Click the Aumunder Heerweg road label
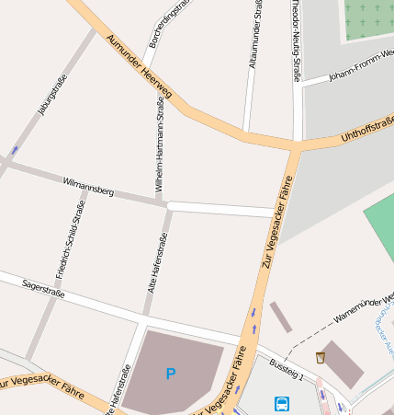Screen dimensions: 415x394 point(139,68)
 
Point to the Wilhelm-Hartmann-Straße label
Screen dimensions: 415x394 point(160,148)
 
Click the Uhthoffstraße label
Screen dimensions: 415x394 point(366,130)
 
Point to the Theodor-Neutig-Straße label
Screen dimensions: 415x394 point(296,40)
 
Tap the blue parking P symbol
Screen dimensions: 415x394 point(170,374)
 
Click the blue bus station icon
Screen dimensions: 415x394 point(281,403)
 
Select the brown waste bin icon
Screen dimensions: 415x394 point(321,357)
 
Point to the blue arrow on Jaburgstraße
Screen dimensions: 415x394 point(13,150)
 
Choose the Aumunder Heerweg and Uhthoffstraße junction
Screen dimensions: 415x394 point(297,145)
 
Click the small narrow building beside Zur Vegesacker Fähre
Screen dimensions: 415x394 point(280,317)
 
